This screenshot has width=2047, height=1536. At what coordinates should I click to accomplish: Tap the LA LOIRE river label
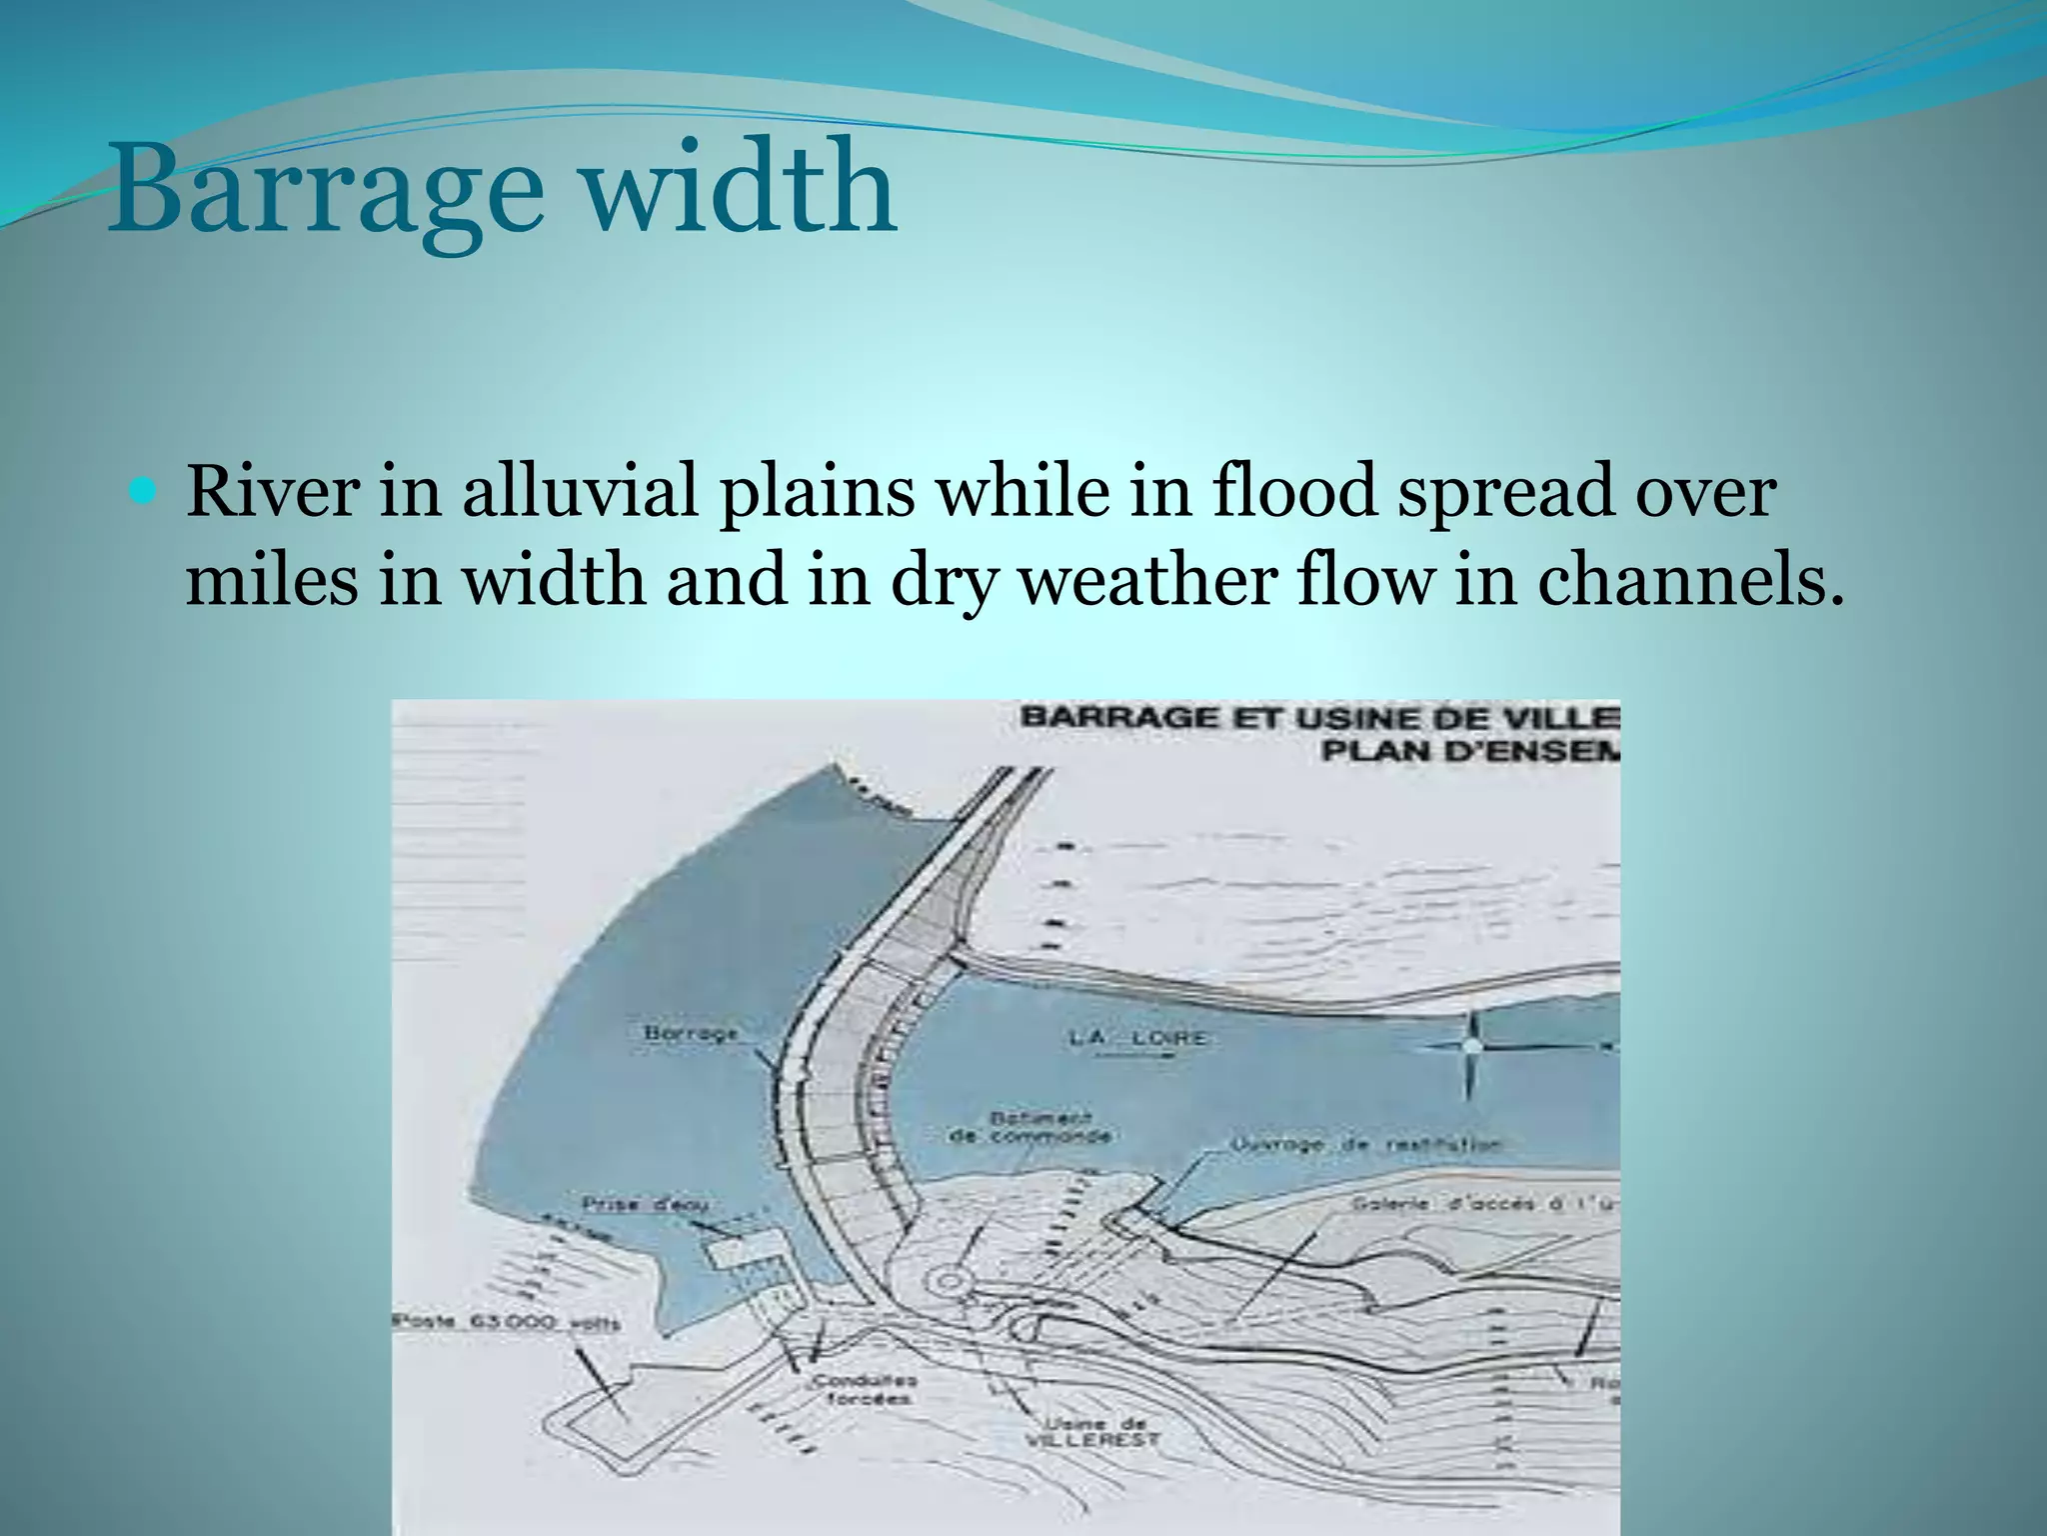[x=1136, y=1038]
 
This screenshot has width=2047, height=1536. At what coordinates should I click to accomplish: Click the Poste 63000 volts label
[x=507, y=1323]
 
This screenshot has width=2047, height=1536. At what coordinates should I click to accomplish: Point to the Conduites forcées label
[x=865, y=1390]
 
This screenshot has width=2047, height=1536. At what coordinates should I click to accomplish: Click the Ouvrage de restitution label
[x=1364, y=1146]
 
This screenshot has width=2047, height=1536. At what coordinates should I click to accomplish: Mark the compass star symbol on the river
[x=1471, y=1046]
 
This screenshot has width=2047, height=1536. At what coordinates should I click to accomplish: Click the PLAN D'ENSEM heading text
[x=1469, y=750]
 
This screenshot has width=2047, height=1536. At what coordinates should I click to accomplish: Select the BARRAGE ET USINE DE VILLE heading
[x=1319, y=718]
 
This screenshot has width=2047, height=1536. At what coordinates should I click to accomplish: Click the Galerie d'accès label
[x=1479, y=1204]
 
